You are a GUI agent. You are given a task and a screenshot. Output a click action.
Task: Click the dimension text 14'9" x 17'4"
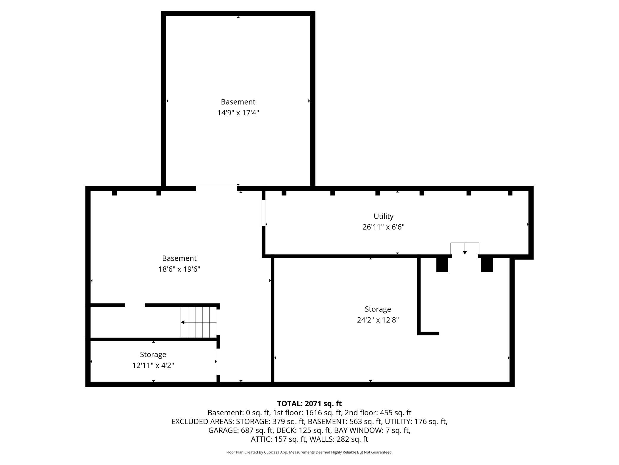238,113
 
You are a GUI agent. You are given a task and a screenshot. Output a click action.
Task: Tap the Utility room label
383,216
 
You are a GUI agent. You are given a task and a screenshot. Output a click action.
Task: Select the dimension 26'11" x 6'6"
383,227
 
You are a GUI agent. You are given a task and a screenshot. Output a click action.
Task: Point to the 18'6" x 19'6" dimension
179,269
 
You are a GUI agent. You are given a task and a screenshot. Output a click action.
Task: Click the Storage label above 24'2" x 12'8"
378,309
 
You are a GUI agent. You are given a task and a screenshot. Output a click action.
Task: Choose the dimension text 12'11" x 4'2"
153,365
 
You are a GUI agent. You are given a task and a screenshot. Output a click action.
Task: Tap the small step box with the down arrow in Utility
465,249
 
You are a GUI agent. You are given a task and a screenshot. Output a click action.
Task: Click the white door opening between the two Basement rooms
216,188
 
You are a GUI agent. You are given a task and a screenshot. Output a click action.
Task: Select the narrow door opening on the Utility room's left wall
264,213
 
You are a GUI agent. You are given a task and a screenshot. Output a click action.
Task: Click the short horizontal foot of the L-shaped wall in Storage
429,334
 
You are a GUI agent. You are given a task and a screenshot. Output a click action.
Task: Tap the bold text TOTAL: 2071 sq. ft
309,404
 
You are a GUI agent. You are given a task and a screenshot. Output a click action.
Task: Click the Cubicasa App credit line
309,452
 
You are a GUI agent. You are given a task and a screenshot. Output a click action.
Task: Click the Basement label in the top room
238,102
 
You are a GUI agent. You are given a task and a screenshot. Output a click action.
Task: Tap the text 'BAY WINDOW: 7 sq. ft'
372,430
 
